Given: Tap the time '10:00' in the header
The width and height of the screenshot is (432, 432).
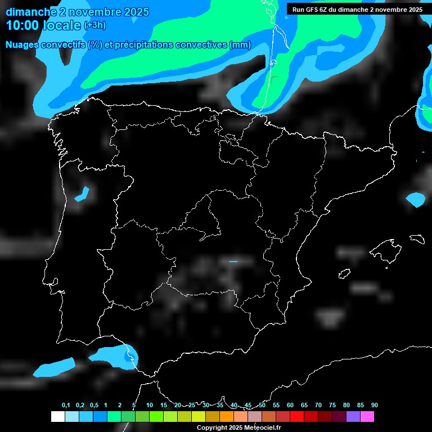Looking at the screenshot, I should [x=23, y=25].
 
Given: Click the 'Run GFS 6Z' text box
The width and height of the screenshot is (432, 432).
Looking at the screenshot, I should [x=357, y=10].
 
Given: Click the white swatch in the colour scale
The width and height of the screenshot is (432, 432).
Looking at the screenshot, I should [x=57, y=416].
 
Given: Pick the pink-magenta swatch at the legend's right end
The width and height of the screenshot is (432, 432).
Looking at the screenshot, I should [x=367, y=416].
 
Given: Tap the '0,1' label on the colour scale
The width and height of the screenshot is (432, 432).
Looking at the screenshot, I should [x=66, y=406].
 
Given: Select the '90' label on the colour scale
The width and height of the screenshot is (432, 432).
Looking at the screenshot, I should [x=375, y=406].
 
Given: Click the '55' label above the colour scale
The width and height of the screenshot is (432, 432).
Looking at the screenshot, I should [x=276, y=406].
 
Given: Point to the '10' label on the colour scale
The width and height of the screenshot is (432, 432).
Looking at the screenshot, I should [x=150, y=406].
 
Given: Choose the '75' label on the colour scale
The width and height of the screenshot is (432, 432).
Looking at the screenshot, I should [x=332, y=406].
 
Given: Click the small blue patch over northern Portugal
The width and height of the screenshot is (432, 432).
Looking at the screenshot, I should [x=82, y=194].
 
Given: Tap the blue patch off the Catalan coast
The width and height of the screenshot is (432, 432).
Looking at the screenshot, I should [x=416, y=199].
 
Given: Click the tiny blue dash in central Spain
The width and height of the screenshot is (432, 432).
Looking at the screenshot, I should [x=233, y=262].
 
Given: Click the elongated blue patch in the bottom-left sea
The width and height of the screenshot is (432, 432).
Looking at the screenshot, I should [x=53, y=367].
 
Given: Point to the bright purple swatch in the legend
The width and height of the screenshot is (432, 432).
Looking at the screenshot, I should [x=353, y=416].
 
